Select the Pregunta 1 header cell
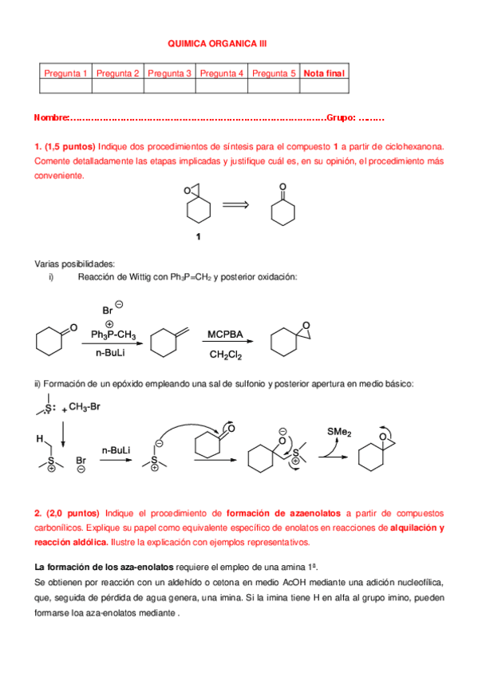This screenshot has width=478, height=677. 65,73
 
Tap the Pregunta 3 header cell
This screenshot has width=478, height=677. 169,73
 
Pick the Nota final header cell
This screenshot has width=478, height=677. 325,73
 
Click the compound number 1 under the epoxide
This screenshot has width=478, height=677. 199,236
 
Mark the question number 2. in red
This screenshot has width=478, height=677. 38,513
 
